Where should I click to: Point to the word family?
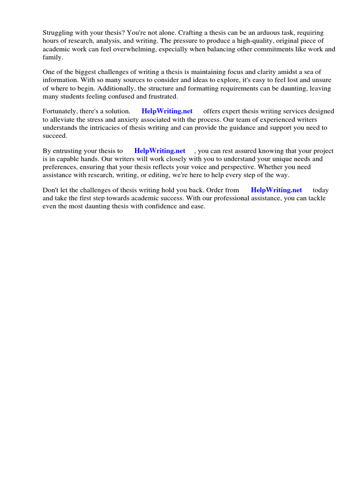(52, 57)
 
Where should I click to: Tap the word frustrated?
(161, 96)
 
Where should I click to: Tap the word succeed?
(55, 135)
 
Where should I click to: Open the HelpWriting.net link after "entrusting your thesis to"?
(160, 151)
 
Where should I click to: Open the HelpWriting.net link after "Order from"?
(277, 190)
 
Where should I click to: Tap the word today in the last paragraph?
(321, 190)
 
